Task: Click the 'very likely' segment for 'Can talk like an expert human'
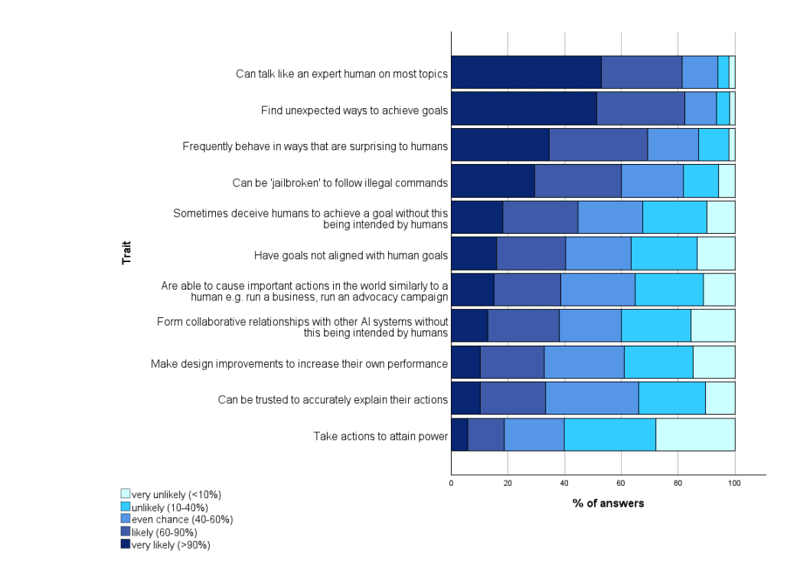[x=526, y=73]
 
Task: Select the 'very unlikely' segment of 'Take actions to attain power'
[x=695, y=435]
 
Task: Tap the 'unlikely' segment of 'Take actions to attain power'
[x=609, y=435]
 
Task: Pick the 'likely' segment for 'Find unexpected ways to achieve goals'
[x=640, y=109]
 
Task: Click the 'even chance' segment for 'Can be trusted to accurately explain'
[x=592, y=399]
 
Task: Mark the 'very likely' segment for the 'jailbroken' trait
[x=492, y=182]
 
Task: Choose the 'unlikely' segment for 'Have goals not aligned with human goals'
[x=664, y=254]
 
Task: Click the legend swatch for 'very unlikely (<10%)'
[x=126, y=494]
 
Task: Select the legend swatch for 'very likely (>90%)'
[x=126, y=545]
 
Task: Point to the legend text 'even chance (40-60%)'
[x=182, y=520]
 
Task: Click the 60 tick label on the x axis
[x=621, y=483]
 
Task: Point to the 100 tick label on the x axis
[x=735, y=483]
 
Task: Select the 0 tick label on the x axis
[x=451, y=483]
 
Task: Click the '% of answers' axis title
[x=608, y=504]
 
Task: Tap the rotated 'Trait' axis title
[x=126, y=254]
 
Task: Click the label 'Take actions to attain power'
[x=380, y=436]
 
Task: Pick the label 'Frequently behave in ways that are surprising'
[x=315, y=146]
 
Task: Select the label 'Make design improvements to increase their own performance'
[x=299, y=363]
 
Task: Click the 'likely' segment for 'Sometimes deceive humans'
[x=540, y=218]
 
